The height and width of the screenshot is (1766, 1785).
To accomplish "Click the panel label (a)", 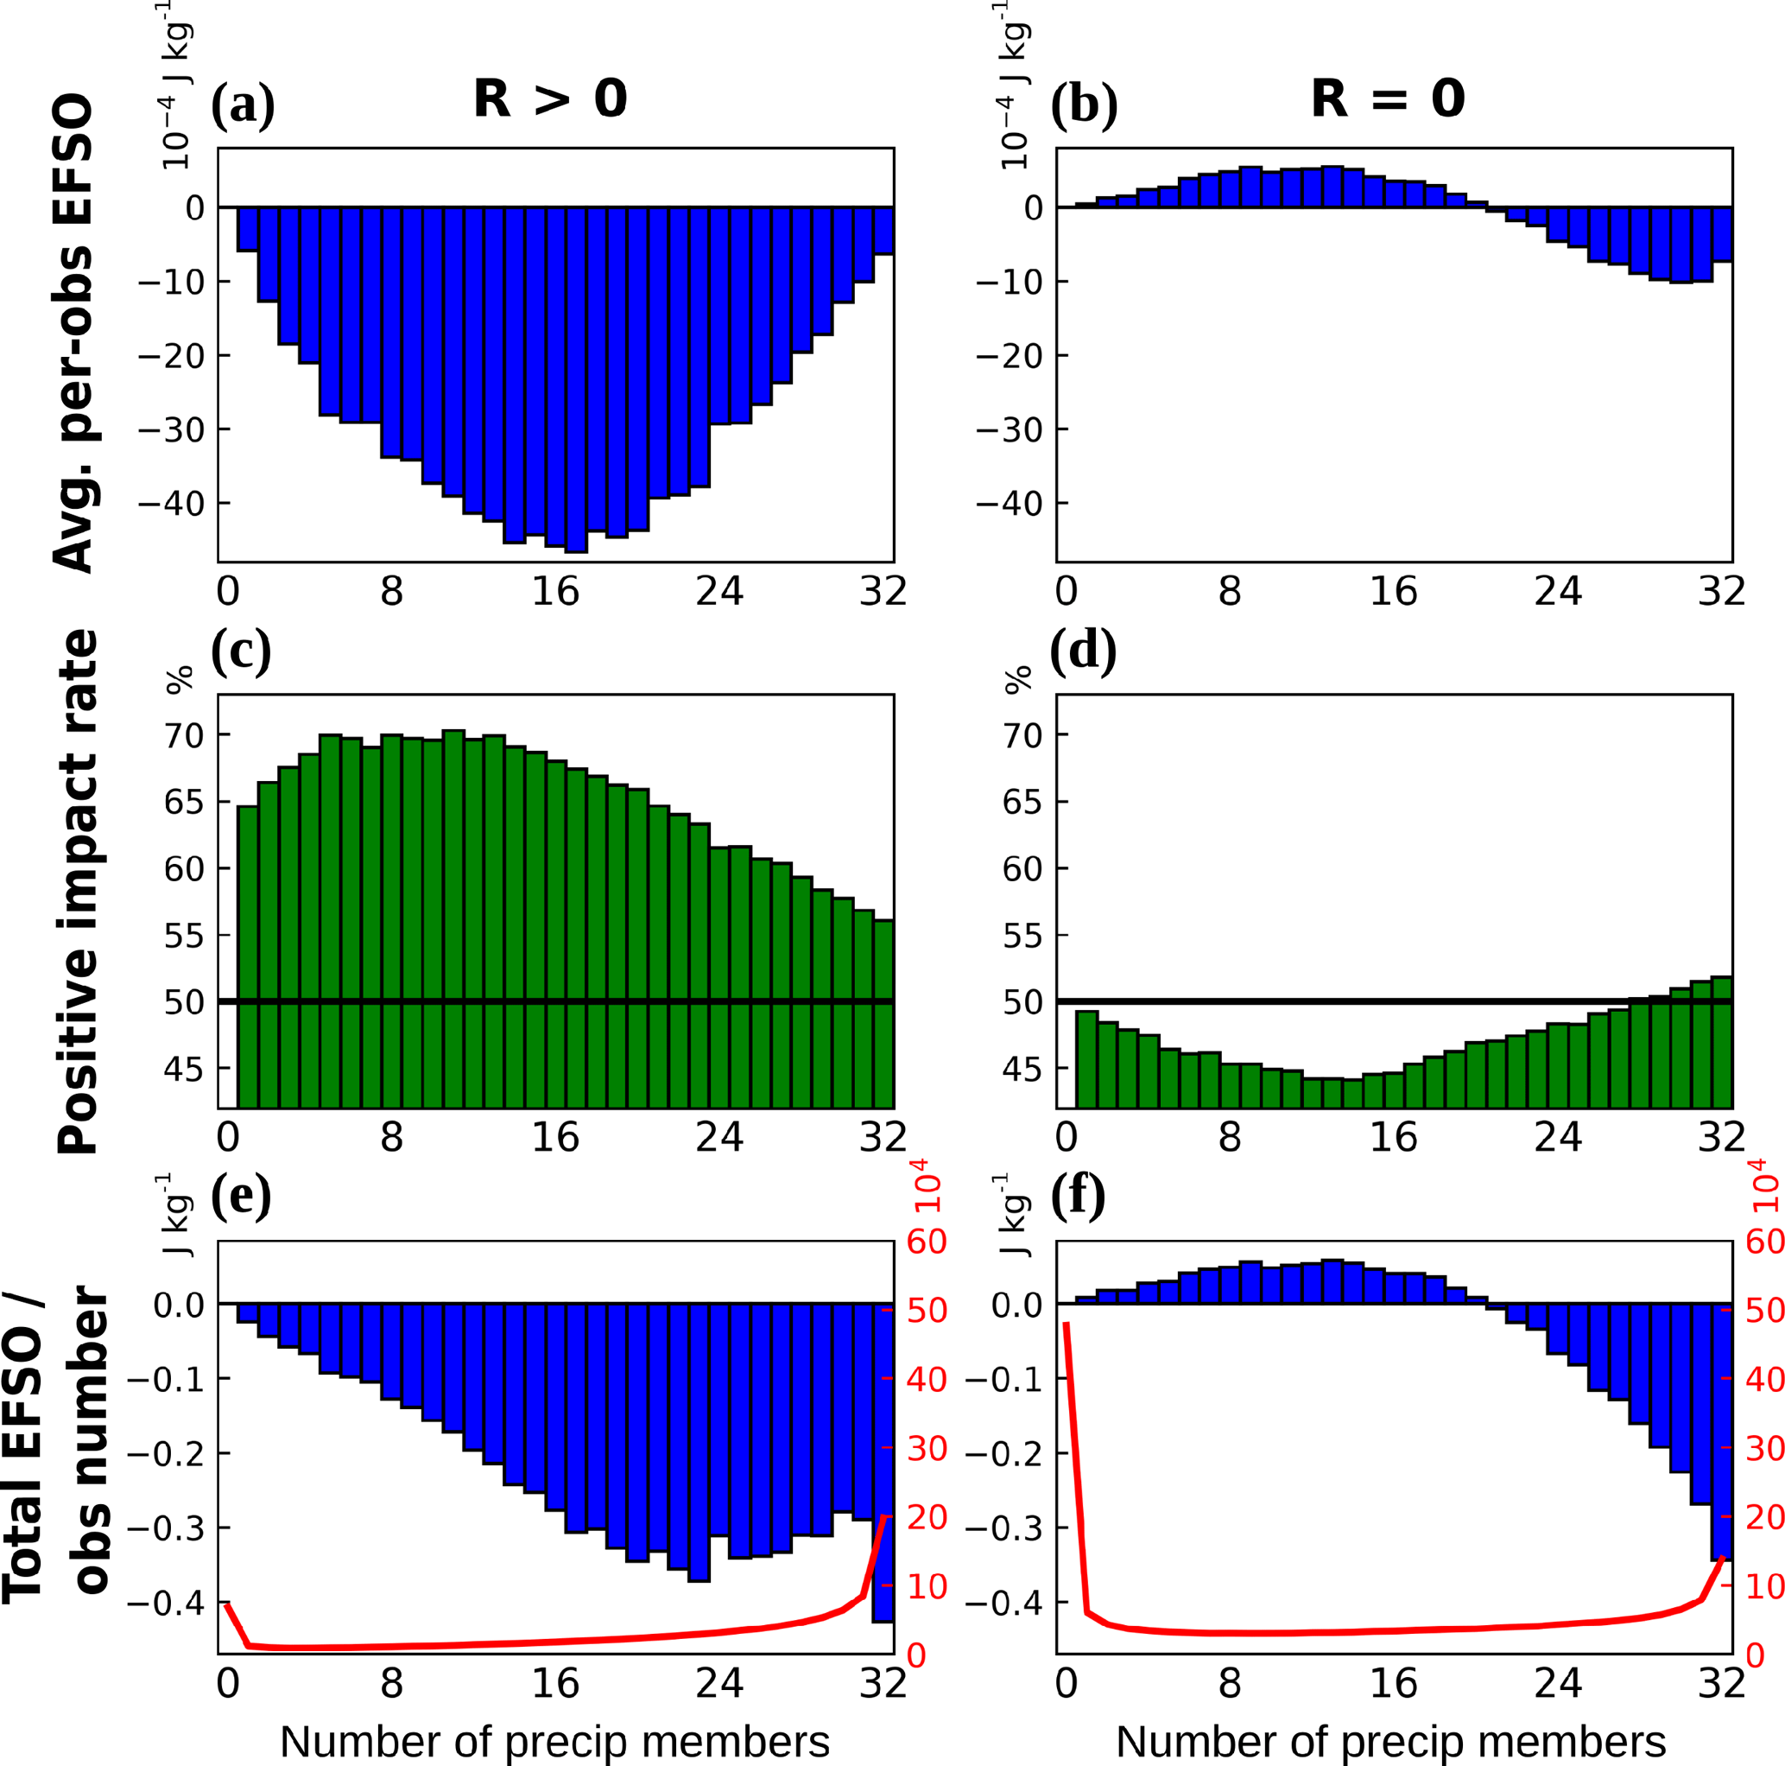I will pos(243,104).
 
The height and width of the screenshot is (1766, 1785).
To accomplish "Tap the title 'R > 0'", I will pos(551,98).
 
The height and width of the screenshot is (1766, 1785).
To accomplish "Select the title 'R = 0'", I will pos(1388,98).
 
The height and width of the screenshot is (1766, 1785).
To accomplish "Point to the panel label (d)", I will pos(1083,649).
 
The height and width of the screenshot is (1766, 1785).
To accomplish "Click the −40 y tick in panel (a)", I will pos(171,504).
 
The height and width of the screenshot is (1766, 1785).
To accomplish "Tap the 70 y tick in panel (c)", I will pos(184,735).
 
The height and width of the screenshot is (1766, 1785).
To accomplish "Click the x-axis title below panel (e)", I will pos(554,1741).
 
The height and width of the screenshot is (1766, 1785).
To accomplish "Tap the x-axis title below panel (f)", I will pos(1391,1741).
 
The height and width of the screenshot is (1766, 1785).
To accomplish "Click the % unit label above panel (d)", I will pos(1017,679).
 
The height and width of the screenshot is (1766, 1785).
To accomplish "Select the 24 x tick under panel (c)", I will pos(719,1136).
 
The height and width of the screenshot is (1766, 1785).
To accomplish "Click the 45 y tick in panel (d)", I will pos(1022,1070).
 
